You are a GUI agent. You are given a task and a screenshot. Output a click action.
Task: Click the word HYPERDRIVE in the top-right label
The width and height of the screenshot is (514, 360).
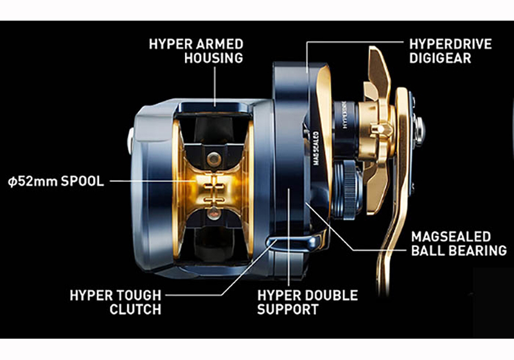(x=451, y=44)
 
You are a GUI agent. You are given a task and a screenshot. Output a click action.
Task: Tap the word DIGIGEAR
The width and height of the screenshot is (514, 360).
(x=440, y=58)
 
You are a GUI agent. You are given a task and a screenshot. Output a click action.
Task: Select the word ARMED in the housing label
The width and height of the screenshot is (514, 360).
(x=219, y=44)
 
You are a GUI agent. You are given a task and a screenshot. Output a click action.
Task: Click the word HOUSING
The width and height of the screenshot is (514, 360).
(x=214, y=58)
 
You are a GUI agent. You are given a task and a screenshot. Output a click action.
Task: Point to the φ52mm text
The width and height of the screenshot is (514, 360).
(x=30, y=181)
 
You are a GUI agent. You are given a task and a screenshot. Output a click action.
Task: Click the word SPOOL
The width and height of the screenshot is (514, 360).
(x=79, y=181)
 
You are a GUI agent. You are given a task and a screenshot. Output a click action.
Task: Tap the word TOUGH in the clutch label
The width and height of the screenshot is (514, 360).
(x=137, y=296)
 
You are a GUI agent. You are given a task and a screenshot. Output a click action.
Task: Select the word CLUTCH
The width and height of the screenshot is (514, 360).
(x=136, y=309)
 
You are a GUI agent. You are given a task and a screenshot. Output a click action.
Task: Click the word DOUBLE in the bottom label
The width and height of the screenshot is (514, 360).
(x=330, y=296)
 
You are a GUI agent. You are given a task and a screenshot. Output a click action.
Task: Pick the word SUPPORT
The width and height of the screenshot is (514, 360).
(x=288, y=309)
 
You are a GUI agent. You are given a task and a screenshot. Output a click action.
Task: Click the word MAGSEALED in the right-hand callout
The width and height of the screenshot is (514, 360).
(x=451, y=237)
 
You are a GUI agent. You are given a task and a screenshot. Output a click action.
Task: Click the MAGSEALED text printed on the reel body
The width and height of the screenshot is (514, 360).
(x=315, y=148)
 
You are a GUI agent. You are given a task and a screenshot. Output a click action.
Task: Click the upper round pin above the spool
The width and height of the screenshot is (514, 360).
(x=214, y=159)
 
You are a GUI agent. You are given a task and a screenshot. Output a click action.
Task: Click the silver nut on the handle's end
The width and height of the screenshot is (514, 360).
(x=420, y=129)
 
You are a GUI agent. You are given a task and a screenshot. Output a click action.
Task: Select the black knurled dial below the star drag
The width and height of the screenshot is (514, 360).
(x=348, y=190)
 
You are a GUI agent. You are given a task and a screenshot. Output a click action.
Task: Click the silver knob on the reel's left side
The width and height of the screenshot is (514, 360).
(x=131, y=141)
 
